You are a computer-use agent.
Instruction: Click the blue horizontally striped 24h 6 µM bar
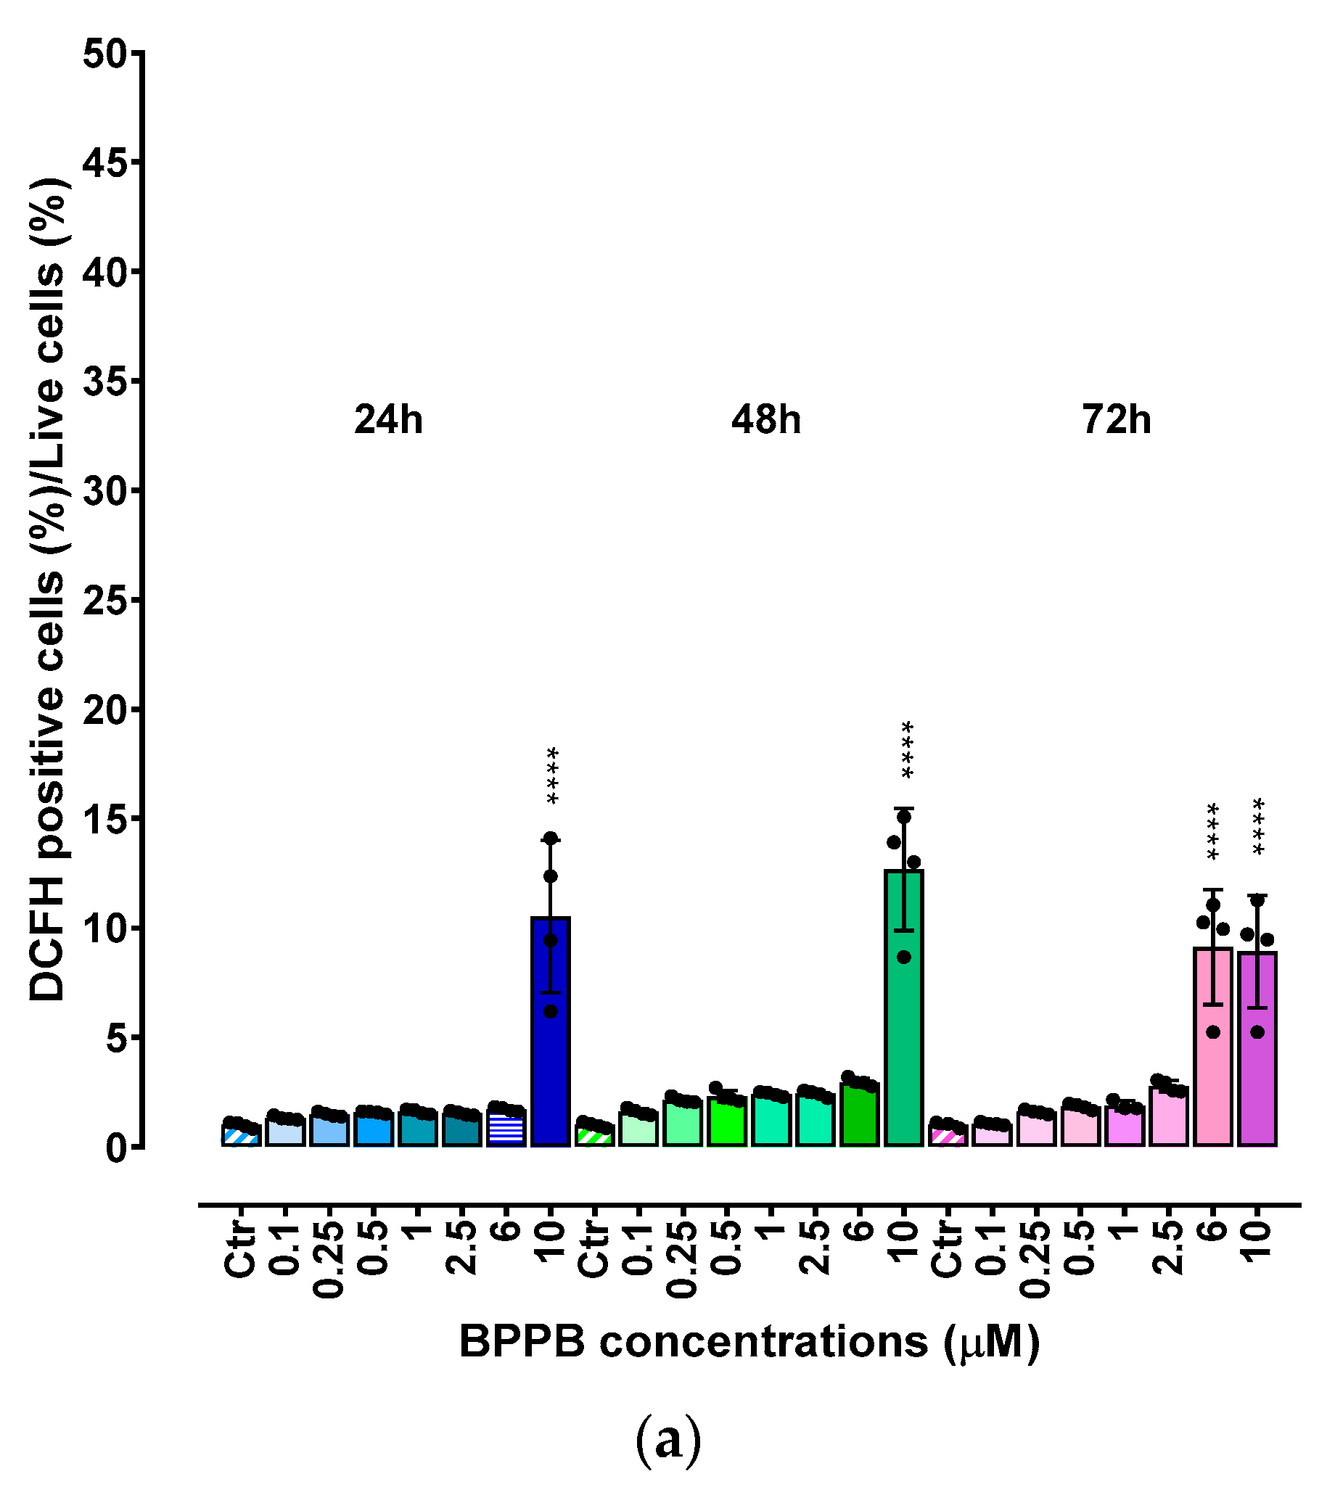(506, 1130)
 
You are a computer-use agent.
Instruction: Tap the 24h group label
(388, 420)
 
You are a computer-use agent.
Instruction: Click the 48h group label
(765, 420)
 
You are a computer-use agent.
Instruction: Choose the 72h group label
(1117, 420)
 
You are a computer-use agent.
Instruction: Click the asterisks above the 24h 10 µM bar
(552, 775)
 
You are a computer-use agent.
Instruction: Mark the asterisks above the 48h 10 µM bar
(908, 749)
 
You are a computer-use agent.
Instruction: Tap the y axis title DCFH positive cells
(48, 587)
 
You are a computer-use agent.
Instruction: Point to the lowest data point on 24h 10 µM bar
(550, 1011)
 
